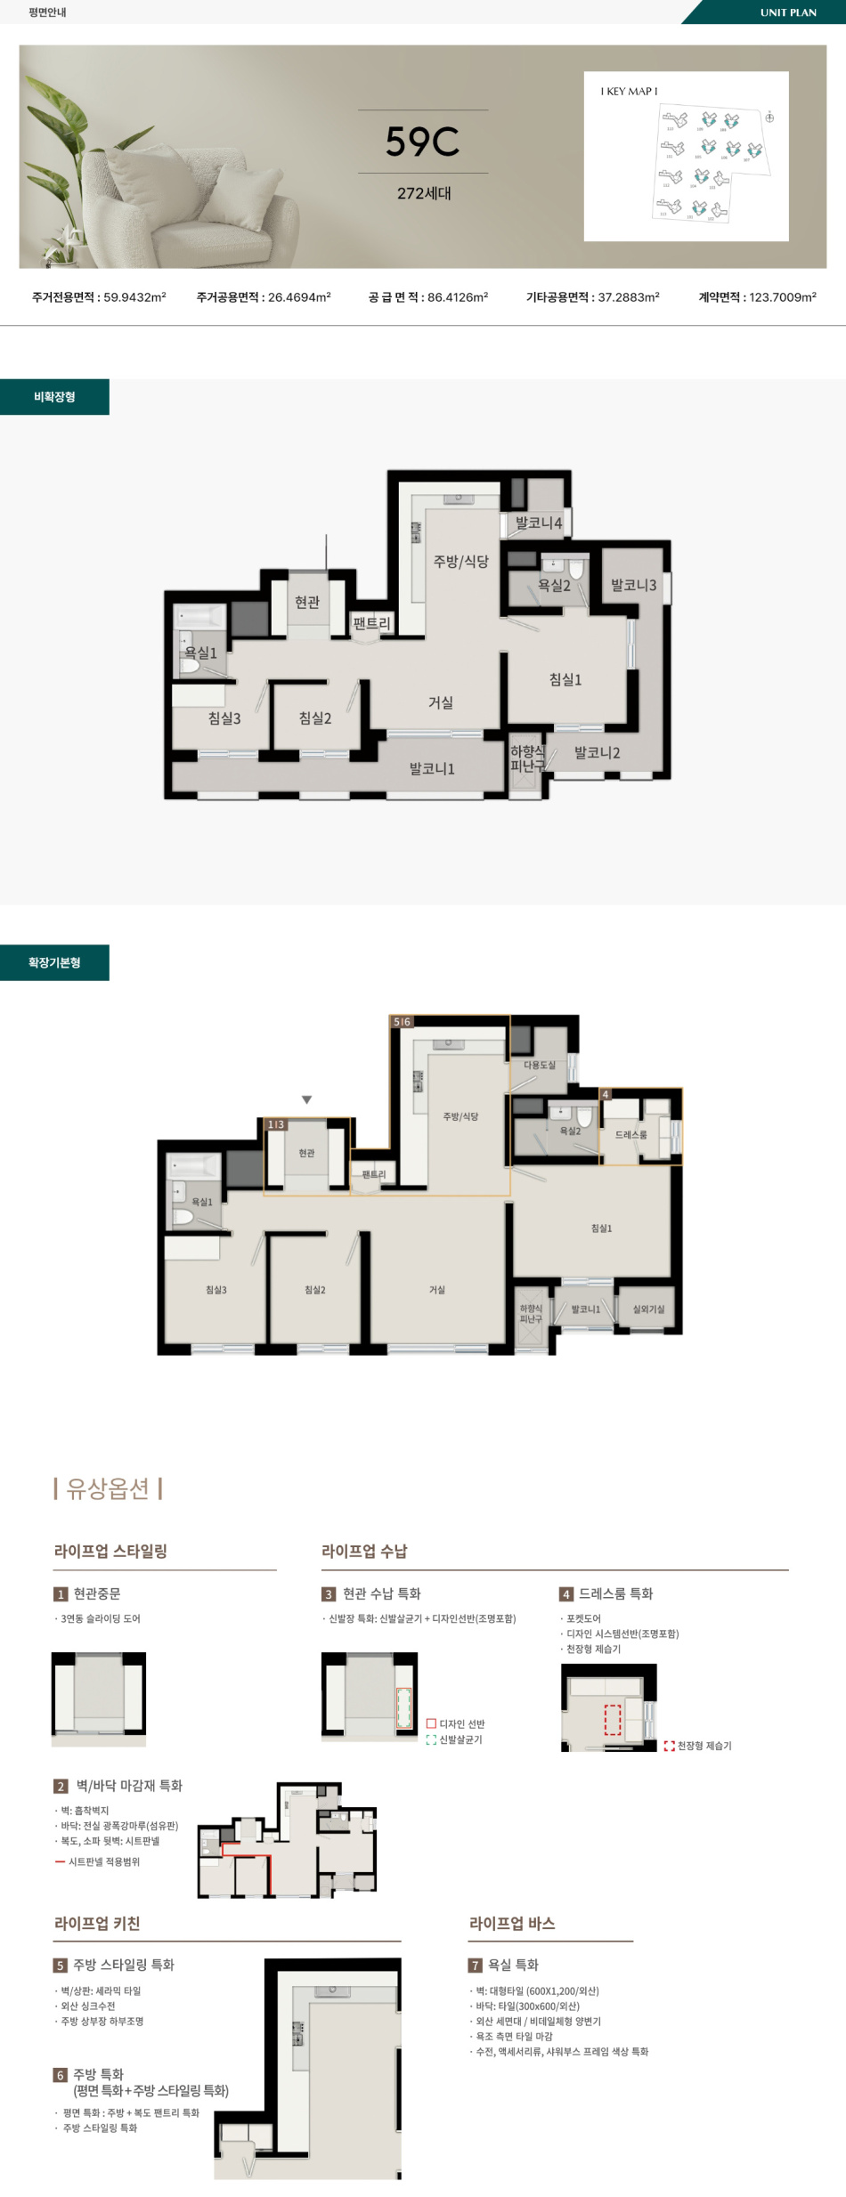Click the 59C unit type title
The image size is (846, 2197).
click(x=422, y=142)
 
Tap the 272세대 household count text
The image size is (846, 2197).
click(x=424, y=193)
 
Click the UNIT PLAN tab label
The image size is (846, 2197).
click(x=787, y=12)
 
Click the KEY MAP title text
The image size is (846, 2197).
click(x=629, y=92)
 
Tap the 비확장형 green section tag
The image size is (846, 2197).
click(x=54, y=397)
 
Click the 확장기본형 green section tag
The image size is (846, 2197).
click(x=54, y=962)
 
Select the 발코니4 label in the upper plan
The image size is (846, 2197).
click(x=539, y=523)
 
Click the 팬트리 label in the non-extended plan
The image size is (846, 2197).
click(x=371, y=623)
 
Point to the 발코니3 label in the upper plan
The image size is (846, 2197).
click(x=633, y=585)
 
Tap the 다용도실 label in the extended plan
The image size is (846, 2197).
click(x=539, y=1065)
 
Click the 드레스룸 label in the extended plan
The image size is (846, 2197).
click(x=630, y=1134)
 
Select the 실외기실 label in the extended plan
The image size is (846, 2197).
click(x=648, y=1309)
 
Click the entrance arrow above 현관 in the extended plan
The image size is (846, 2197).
click(x=306, y=1100)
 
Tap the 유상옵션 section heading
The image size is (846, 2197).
click(x=108, y=1488)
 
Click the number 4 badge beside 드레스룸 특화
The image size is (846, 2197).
click(x=565, y=1594)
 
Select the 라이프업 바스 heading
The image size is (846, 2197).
click(x=512, y=1923)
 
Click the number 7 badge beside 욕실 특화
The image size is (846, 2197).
click(x=476, y=1965)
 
